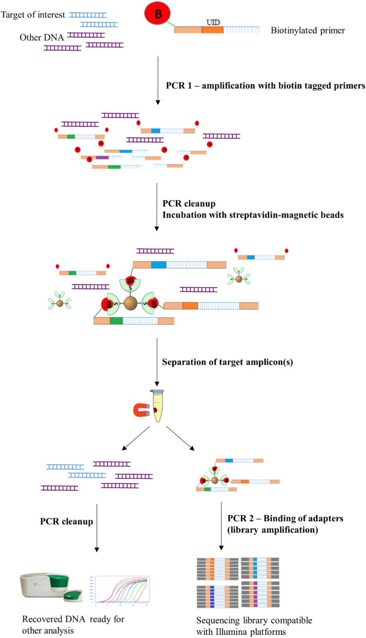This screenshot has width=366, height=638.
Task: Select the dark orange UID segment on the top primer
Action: [212, 30]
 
